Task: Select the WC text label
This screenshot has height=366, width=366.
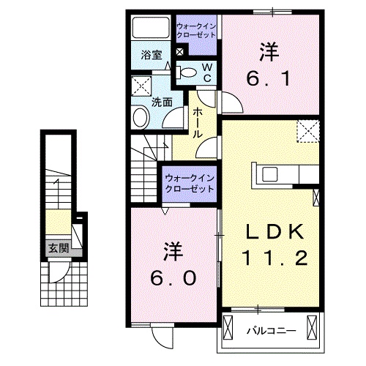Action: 207,71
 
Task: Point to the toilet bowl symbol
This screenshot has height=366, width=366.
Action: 188,72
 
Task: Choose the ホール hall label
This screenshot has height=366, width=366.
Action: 198,123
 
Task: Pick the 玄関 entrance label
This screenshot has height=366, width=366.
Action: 59,247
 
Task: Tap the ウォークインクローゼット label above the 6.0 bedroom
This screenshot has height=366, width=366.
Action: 189,182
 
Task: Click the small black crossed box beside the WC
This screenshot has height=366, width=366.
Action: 180,52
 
